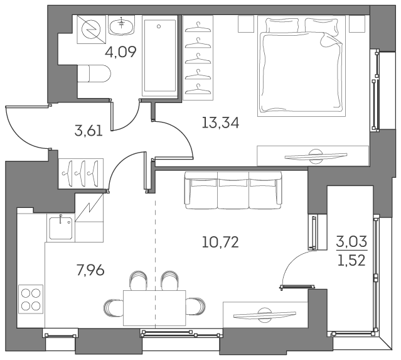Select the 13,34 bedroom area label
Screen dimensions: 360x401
pyautogui.click(x=220, y=122)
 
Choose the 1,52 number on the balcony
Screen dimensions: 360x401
pyautogui.click(x=351, y=259)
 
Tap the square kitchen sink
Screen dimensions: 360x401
pyautogui.click(x=60, y=227)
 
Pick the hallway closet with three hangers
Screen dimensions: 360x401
pyautogui.click(x=83, y=170)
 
